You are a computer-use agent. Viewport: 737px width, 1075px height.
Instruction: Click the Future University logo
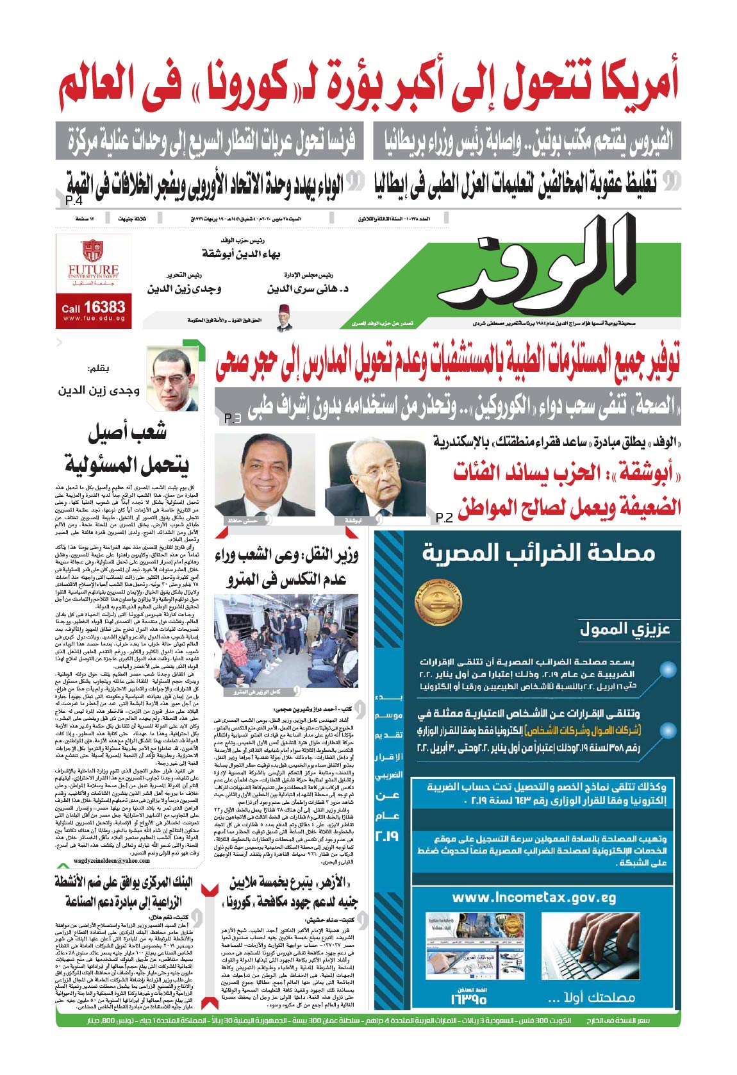click(94, 260)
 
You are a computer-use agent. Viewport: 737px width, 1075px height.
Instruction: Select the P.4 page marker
click(74, 203)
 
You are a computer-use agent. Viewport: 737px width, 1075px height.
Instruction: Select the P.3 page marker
click(232, 419)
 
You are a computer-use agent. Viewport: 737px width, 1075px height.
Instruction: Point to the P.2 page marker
click(444, 517)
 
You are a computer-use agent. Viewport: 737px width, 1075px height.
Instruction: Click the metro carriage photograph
click(286, 644)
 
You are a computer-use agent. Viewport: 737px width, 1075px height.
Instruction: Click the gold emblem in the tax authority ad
click(440, 604)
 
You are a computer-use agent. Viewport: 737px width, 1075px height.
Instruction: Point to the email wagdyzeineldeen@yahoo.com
click(112, 861)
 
